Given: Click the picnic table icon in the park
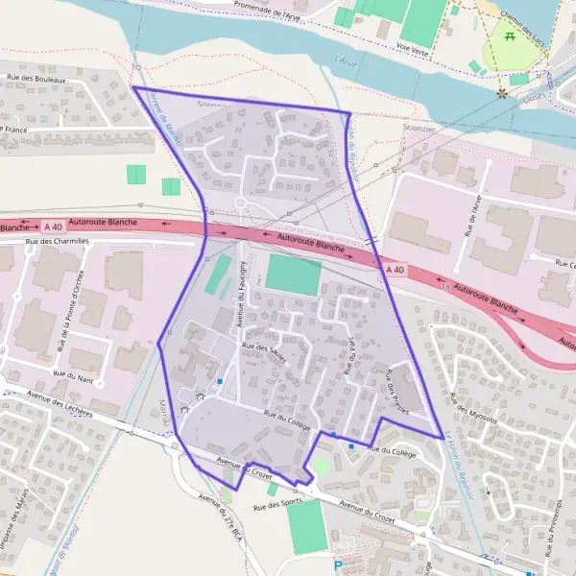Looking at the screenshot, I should coord(510,36).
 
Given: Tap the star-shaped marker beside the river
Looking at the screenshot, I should coord(501,93).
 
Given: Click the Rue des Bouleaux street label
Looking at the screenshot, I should coord(36,80).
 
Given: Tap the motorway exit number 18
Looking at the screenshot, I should coord(444,286).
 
